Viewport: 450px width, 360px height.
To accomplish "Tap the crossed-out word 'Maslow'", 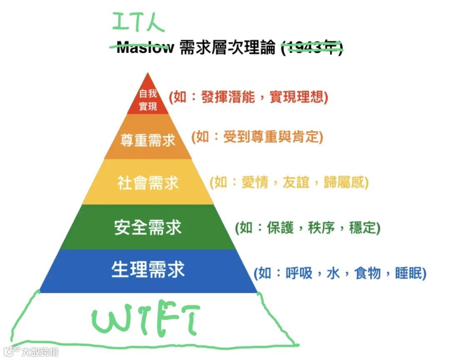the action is (x=145, y=47).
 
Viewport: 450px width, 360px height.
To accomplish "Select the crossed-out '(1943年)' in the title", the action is (x=312, y=48).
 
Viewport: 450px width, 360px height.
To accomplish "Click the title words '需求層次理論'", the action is (x=227, y=48).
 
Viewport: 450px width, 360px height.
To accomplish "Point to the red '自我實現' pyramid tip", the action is (x=148, y=100).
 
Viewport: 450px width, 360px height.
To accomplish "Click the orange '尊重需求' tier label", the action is (x=148, y=140).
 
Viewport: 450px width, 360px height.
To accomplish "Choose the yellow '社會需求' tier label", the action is (x=148, y=183).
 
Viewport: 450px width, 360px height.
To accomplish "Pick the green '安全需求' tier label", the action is (x=148, y=227).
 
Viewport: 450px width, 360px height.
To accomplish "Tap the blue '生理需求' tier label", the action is (x=148, y=270).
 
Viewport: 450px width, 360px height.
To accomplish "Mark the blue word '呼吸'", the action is (x=299, y=273).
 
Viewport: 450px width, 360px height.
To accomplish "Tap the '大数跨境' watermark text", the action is (x=40, y=352).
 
